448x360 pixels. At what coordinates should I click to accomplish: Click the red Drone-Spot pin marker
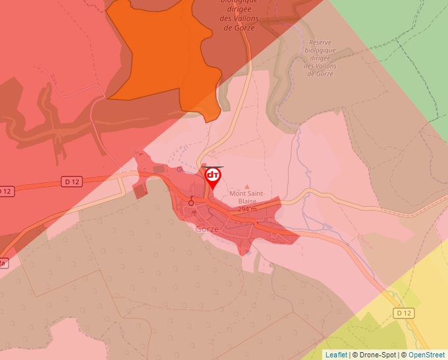213,177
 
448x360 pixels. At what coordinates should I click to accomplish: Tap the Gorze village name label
208,229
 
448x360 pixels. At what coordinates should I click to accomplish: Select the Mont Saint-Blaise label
247,197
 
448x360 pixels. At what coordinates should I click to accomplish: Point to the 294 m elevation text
248,209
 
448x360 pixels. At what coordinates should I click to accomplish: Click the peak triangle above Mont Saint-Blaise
248,187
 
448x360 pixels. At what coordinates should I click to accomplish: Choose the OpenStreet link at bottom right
426,355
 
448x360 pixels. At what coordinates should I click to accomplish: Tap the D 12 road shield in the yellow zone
403,313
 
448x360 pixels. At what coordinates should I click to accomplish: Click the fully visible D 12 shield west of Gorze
72,180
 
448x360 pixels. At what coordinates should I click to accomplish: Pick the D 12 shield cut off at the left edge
5,191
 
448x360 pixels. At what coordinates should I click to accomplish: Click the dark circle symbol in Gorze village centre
192,203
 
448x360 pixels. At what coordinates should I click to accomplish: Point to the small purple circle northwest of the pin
179,169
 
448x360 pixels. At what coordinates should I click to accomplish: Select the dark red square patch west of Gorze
139,191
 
